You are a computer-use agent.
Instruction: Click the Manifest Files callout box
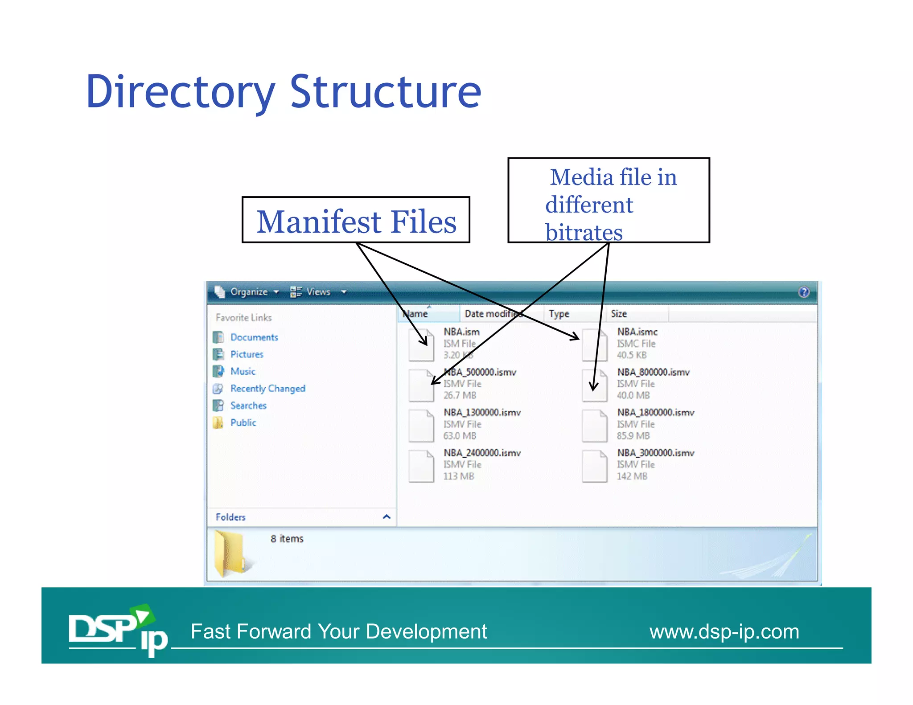pyautogui.click(x=356, y=221)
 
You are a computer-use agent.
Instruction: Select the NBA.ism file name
pyautogui.click(x=461, y=332)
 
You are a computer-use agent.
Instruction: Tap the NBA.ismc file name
pyautogui.click(x=637, y=332)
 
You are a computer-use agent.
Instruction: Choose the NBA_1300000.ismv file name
pyautogui.click(x=482, y=413)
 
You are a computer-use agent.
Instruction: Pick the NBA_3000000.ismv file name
pyautogui.click(x=655, y=453)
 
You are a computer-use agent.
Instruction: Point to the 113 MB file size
pyautogui.click(x=458, y=476)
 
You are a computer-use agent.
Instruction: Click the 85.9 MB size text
pyautogui.click(x=633, y=436)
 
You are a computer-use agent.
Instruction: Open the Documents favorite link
pyautogui.click(x=254, y=337)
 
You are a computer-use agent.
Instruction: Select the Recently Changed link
pyautogui.click(x=267, y=389)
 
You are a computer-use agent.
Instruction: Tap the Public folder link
pyautogui.click(x=243, y=423)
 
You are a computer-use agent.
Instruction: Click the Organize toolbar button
pyautogui.click(x=249, y=292)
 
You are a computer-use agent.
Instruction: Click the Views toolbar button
pyautogui.click(x=318, y=292)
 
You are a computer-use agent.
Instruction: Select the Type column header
pyautogui.click(x=559, y=314)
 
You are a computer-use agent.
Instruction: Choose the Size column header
pyautogui.click(x=619, y=314)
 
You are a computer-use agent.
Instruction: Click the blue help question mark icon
pyautogui.click(x=804, y=292)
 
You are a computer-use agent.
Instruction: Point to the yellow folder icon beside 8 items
pyautogui.click(x=230, y=553)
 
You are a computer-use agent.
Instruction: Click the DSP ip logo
pyautogui.click(x=117, y=630)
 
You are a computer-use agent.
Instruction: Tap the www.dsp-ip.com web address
pyautogui.click(x=724, y=632)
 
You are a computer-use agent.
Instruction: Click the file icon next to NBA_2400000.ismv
pyautogui.click(x=421, y=466)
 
